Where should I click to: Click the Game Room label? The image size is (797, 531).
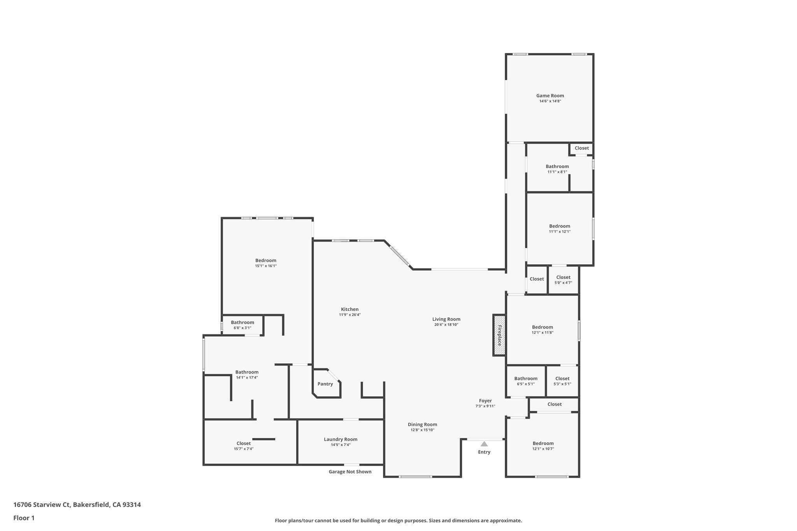click(550, 96)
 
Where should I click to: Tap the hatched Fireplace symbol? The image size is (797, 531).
click(499, 335)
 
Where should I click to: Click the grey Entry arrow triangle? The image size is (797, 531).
click(484, 444)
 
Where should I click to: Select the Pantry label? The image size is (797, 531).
click(325, 384)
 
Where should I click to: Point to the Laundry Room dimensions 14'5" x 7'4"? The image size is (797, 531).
click(341, 445)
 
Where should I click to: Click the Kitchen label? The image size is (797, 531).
click(349, 309)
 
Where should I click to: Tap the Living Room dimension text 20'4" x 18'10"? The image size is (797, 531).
click(446, 324)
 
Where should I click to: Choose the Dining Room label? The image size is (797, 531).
click(422, 424)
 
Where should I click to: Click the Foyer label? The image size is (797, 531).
click(485, 401)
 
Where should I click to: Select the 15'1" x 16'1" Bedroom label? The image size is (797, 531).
click(266, 261)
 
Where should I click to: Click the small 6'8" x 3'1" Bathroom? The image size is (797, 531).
click(242, 325)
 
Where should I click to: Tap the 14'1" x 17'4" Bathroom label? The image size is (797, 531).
click(247, 372)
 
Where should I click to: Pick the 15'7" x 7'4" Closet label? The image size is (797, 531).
click(244, 443)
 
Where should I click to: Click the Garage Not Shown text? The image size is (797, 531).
click(350, 471)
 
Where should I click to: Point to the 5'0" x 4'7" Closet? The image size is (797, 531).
click(563, 280)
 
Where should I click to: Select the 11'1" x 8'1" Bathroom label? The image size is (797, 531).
click(557, 166)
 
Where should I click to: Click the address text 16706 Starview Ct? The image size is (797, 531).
click(42, 505)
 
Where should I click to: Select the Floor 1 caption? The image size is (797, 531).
click(24, 518)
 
